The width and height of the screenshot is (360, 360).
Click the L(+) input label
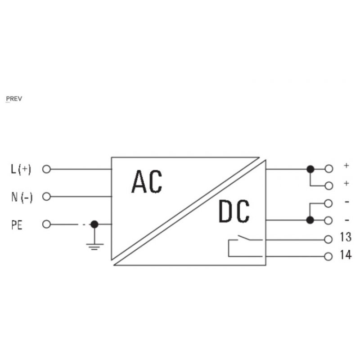(x=21, y=170)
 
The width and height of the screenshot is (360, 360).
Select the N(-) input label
(x=21, y=197)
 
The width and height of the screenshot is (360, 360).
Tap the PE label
(x=17, y=224)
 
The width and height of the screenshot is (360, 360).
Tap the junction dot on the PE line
(x=94, y=224)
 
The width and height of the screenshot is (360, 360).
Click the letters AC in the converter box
(x=147, y=182)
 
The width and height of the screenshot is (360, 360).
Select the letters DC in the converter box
(x=234, y=212)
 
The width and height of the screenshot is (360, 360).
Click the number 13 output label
(x=345, y=238)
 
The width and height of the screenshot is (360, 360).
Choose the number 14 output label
(x=345, y=256)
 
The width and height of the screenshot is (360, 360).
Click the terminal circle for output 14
(x=328, y=256)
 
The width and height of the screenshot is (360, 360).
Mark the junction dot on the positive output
(x=310, y=169)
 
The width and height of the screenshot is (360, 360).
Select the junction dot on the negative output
(x=310, y=220)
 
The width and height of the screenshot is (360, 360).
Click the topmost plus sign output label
(x=346, y=166)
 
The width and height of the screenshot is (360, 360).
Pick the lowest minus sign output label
(x=346, y=220)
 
